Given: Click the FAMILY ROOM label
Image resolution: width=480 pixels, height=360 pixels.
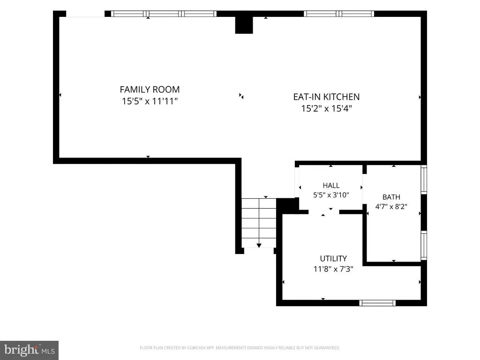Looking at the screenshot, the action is tap(150, 90).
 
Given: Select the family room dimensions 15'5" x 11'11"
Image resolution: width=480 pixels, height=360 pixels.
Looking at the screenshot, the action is tap(150, 101).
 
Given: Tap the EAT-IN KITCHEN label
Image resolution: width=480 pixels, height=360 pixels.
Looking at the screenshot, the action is tap(326, 97).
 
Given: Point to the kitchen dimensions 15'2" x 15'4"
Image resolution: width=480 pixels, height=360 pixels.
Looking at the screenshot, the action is tap(326, 108).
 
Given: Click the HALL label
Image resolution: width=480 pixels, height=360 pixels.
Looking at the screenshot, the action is tap(331, 186).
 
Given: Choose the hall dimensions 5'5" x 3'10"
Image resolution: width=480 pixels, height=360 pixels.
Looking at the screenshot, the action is tap(331, 195).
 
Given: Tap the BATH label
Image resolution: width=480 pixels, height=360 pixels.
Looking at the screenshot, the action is tap(391, 197).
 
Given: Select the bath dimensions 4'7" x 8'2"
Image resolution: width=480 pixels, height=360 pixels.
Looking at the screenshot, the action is tap(391, 207).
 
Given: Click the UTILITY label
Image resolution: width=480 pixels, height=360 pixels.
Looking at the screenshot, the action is tap(333, 259).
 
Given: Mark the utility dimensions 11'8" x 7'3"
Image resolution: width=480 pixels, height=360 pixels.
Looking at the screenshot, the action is tap(333, 269).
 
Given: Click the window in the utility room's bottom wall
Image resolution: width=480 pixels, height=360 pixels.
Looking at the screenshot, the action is tap(377, 303).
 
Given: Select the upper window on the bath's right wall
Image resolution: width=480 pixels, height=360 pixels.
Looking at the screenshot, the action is tap(424, 180).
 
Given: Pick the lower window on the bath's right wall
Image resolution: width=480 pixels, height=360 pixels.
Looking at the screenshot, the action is tap(424, 246).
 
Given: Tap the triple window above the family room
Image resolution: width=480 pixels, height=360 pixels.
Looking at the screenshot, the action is tap(164, 14).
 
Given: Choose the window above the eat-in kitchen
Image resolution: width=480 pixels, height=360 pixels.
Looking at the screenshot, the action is tap(339, 14).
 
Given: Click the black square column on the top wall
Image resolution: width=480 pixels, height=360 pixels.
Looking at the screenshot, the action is tap(244, 25).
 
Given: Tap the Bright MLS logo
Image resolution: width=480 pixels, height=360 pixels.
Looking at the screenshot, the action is tap(29, 350).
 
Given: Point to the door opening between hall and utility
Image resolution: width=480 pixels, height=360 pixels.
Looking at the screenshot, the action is tap(324, 212).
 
